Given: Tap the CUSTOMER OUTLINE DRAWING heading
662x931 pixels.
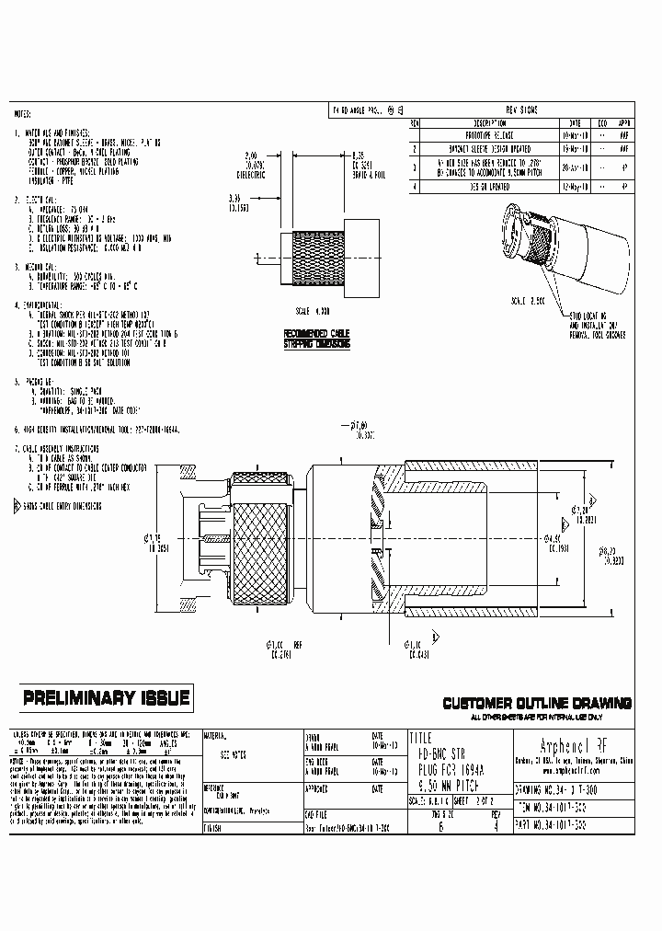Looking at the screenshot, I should point(538,703).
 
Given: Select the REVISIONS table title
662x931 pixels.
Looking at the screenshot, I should point(522,109).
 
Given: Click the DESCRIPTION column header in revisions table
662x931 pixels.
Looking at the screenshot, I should point(489,121).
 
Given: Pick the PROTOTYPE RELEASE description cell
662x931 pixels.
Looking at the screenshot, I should point(489,133).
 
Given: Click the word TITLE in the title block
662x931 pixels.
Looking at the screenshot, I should point(422,738).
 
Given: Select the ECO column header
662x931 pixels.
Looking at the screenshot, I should point(602,121).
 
